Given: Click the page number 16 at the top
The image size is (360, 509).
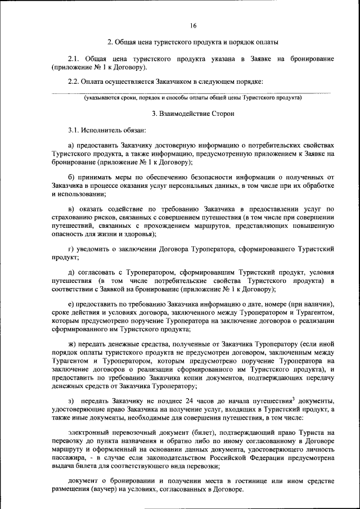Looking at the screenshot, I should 192,25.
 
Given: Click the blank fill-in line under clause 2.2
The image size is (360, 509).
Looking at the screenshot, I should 192,92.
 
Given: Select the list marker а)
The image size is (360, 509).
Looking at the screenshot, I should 71,146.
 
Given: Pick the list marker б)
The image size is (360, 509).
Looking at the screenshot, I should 71,178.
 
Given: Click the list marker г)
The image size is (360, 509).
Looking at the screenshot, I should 70,248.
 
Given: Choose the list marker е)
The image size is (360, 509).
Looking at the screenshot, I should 71,303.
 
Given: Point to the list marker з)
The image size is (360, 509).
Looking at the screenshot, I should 71,400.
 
